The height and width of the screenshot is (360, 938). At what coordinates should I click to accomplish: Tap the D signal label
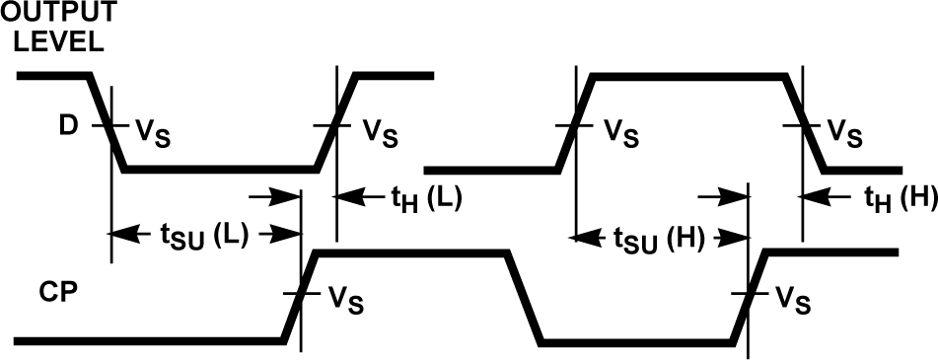66,126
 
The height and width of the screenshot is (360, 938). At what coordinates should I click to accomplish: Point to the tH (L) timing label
426,199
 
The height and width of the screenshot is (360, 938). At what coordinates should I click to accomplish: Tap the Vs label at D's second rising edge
620,131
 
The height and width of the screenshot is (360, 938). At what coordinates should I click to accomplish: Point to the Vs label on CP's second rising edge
793,298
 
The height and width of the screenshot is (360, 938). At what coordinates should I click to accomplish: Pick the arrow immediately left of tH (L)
350,197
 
